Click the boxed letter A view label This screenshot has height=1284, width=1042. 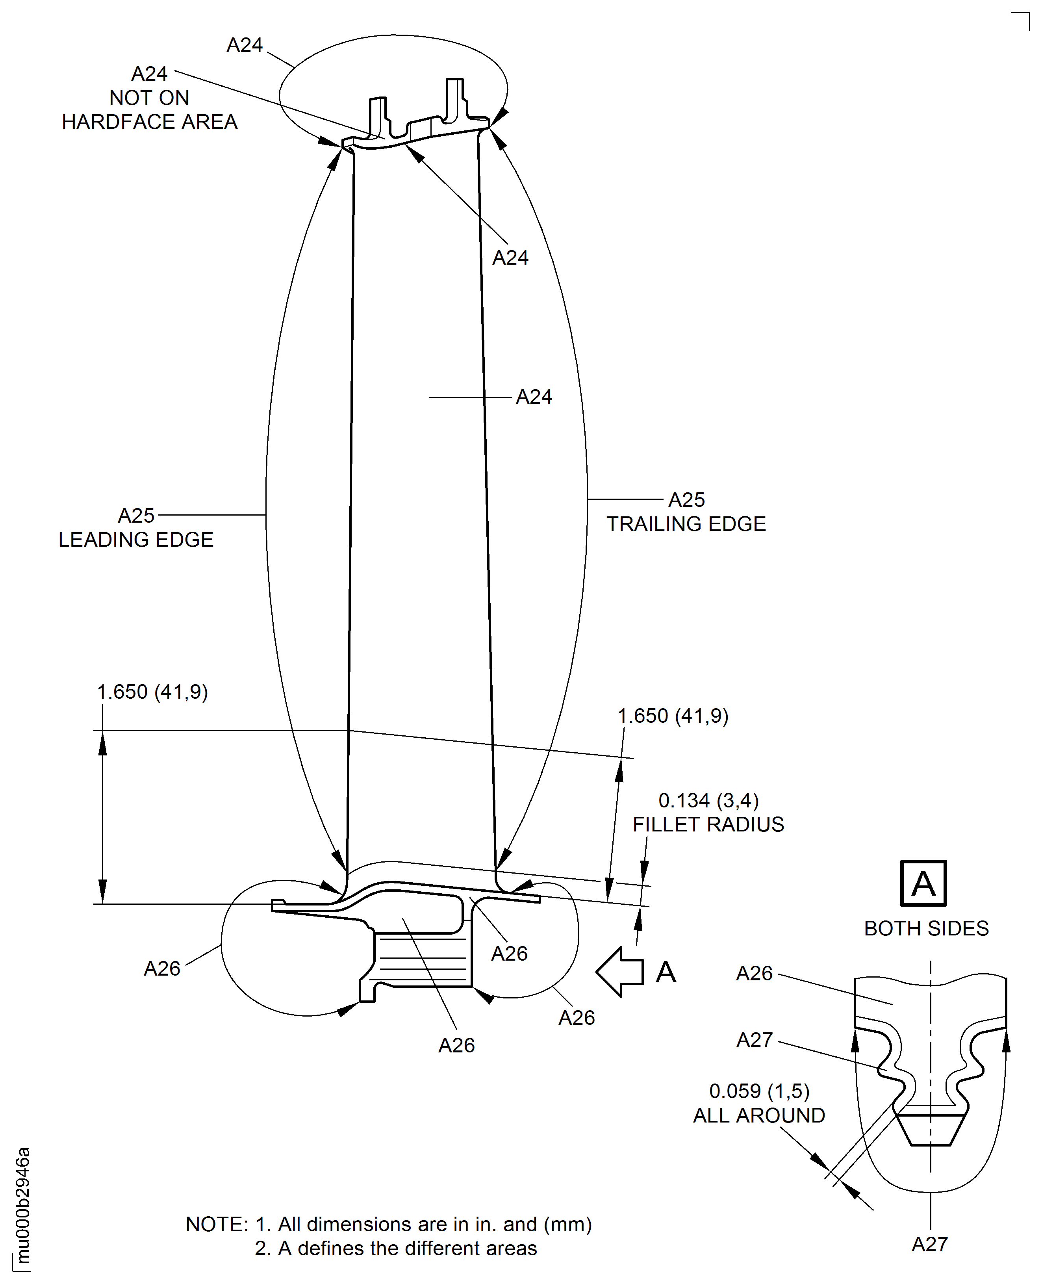tap(923, 883)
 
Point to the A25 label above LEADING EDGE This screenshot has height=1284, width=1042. tap(136, 515)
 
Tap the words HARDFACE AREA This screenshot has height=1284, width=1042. tap(150, 121)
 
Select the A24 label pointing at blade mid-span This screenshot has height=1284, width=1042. tap(534, 397)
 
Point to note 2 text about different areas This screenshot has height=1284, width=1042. tap(395, 1248)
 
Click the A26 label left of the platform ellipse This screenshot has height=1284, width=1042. tap(162, 968)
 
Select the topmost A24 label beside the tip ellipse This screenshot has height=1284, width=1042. tap(244, 45)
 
